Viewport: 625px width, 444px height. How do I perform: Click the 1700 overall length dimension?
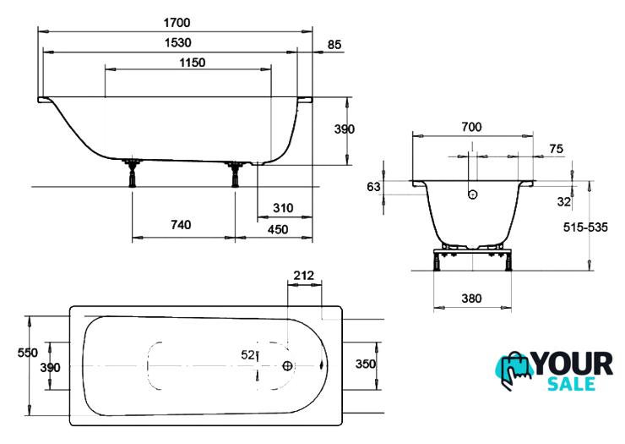177,23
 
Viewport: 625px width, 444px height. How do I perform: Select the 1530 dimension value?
177,43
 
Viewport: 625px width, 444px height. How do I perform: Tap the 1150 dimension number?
192,63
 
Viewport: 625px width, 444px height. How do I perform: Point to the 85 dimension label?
334,45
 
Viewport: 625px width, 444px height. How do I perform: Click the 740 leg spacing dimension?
181,225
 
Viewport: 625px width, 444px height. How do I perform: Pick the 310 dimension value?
283,208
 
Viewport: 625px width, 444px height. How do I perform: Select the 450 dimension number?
277,229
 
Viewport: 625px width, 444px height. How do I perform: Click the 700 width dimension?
471,127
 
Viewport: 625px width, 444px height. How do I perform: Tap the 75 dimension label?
556,149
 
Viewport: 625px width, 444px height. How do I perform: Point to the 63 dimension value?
373,187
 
